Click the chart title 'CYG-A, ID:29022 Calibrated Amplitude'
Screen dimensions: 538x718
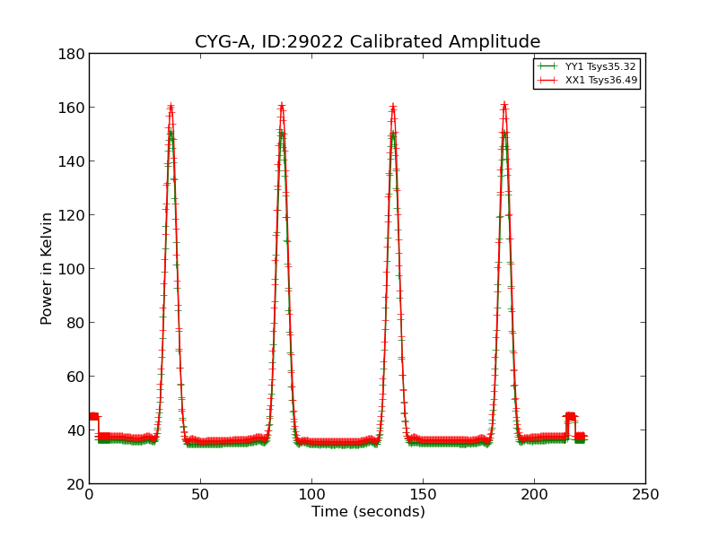pyautogui.click(x=367, y=42)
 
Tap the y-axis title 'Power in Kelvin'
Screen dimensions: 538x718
pyautogui.click(x=47, y=268)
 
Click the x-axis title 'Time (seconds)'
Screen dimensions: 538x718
pyautogui.click(x=368, y=512)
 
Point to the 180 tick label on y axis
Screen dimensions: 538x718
pyautogui.click(x=74, y=54)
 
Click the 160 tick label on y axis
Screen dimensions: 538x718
pyautogui.click(x=74, y=108)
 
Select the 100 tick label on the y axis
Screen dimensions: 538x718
pyautogui.click(x=74, y=269)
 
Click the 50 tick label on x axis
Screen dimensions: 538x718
pyautogui.click(x=200, y=495)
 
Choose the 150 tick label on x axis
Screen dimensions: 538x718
pyautogui.click(x=423, y=495)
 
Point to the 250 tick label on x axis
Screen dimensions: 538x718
pyautogui.click(x=645, y=495)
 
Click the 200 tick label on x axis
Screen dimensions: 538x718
pyautogui.click(x=534, y=495)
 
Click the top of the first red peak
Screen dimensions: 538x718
pyautogui.click(x=171, y=107)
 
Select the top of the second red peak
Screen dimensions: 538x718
pyautogui.click(x=281, y=106)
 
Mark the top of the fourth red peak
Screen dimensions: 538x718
pyautogui.click(x=503, y=105)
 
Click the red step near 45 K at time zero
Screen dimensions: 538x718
pyautogui.click(x=93, y=416)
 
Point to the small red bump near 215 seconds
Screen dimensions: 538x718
pyautogui.click(x=570, y=416)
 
